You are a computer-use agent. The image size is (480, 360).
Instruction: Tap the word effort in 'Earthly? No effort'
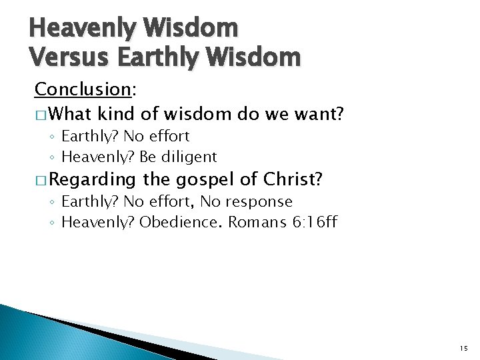pos(169,136)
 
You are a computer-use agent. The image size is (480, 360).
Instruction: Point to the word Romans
pos(258,221)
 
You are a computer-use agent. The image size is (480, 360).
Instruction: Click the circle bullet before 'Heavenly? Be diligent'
pos(52,157)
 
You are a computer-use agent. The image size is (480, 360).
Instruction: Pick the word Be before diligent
pos(147,157)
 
